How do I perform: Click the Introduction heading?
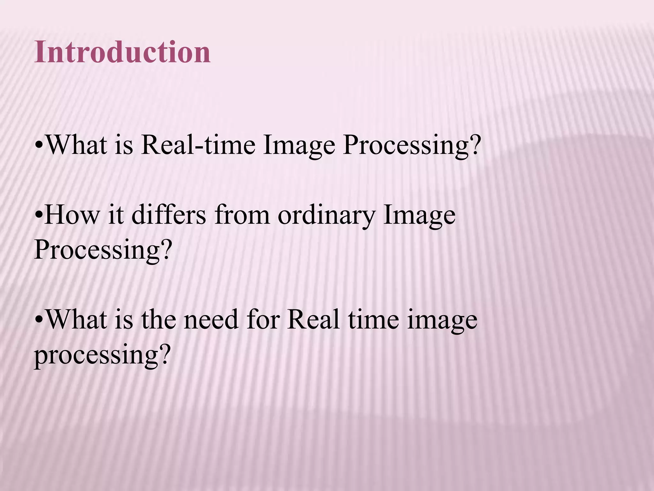coord(122,52)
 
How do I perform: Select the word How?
coord(72,216)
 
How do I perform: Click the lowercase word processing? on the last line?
coord(101,356)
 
